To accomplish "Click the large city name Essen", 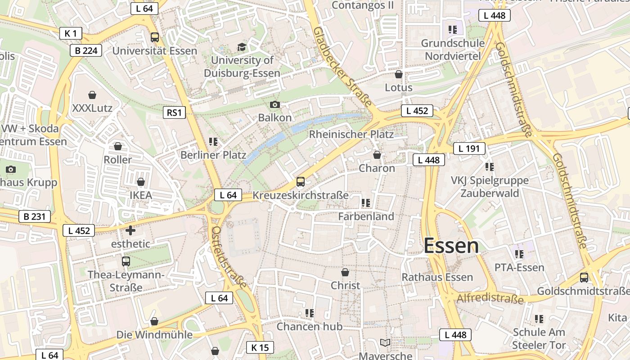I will (x=451, y=246).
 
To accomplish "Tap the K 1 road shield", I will (x=71, y=33).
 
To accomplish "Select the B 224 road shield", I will (x=86, y=50).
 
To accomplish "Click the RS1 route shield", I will (x=174, y=112).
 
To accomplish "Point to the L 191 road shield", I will (x=469, y=148).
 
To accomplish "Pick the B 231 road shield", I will (x=35, y=216).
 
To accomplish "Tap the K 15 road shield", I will (x=260, y=347).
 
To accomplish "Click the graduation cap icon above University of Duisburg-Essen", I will (x=242, y=47).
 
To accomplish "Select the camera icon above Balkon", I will (x=274, y=105).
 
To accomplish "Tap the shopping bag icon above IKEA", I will (x=141, y=182).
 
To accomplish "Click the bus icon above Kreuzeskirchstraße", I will (x=300, y=182).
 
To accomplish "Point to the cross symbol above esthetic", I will (x=130, y=230).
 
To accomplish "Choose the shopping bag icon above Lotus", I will (x=398, y=74).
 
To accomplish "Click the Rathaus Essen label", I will (x=437, y=277).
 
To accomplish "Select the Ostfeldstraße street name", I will (x=229, y=257).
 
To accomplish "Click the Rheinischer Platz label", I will (x=351, y=134).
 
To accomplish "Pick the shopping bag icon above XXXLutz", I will (x=92, y=95).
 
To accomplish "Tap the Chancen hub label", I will (x=309, y=326).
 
